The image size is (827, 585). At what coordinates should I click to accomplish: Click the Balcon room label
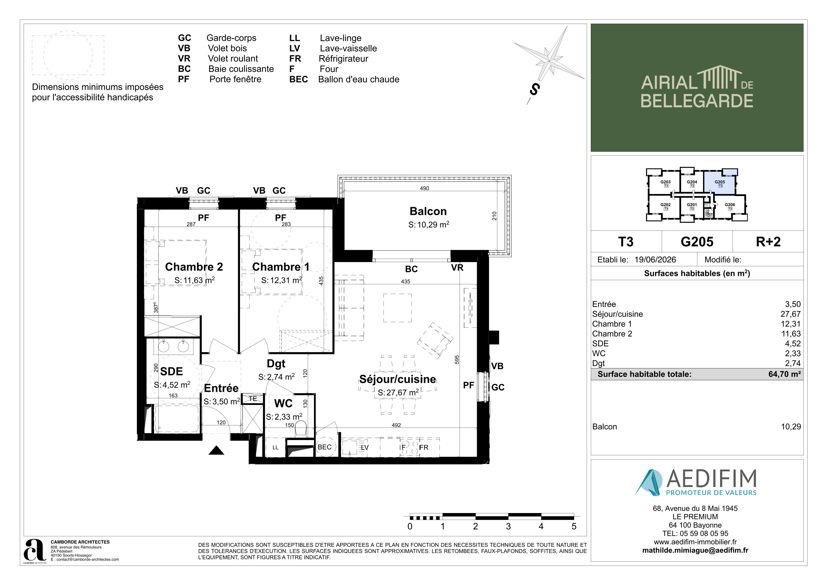point(428,211)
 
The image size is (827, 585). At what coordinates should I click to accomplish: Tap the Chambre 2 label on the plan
point(194,267)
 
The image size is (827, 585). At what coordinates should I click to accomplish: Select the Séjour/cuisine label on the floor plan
point(398,379)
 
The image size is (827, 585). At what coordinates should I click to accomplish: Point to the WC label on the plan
point(283,403)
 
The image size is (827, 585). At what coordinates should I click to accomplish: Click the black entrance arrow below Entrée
point(216,450)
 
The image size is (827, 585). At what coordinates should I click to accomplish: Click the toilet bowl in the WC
point(300,429)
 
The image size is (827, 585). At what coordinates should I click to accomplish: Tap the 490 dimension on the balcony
point(424,188)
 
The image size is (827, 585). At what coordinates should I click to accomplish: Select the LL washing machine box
point(275,447)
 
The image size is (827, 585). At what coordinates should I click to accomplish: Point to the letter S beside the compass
point(535,89)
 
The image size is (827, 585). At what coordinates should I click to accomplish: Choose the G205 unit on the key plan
point(720,183)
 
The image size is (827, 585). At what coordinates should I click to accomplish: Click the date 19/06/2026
point(655,260)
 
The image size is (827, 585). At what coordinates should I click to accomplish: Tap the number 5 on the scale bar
point(574,526)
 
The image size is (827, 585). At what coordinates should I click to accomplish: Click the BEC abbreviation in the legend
point(298,79)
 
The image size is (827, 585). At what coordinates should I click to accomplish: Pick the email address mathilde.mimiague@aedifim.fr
point(695,550)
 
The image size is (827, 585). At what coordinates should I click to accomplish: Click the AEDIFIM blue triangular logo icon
point(648,482)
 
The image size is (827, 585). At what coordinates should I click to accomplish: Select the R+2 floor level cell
point(768,242)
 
